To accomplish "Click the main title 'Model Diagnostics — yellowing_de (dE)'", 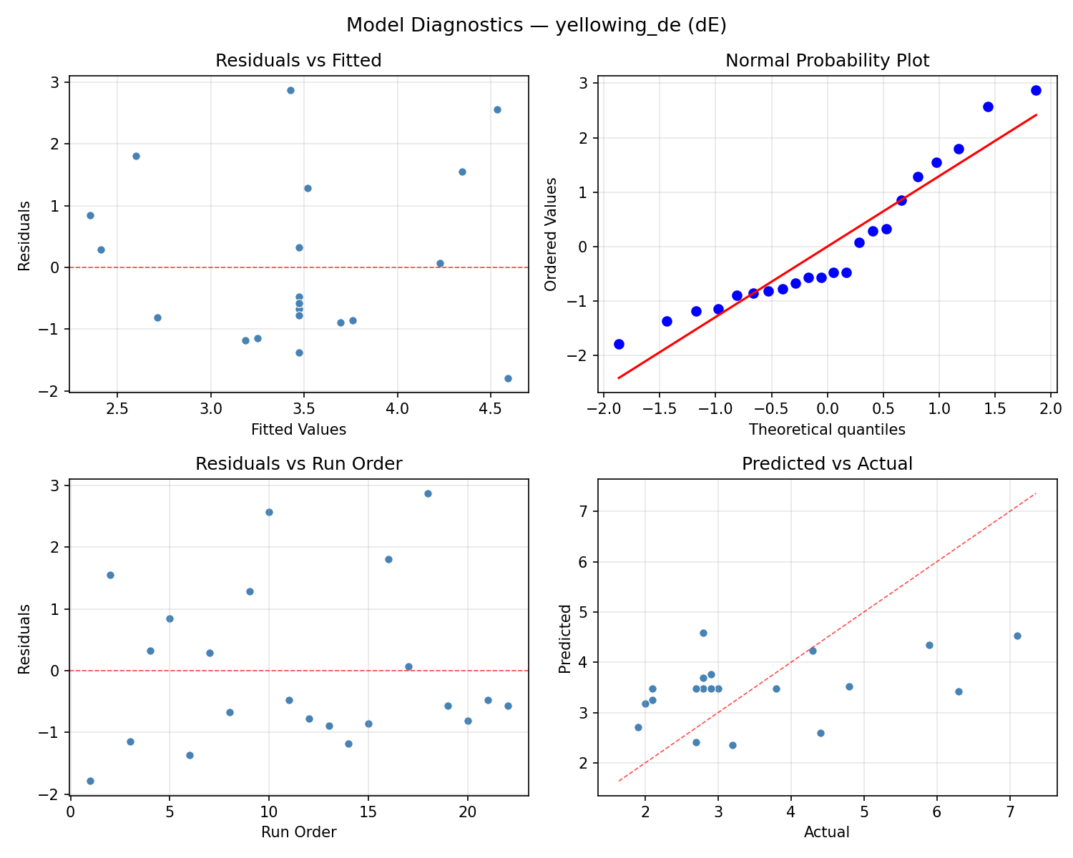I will tap(536, 26).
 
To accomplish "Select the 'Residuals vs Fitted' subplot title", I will tap(298, 61).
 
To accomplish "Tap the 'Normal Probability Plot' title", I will tap(827, 61).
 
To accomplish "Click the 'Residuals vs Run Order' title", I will tap(298, 464).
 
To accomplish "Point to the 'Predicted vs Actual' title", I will tap(827, 464).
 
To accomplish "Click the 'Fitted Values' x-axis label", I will tap(298, 430).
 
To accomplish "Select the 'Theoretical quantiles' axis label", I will tap(827, 430).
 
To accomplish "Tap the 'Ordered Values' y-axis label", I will tap(550, 234).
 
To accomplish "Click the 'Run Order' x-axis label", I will tap(298, 832).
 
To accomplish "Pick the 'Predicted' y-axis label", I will tap(565, 638).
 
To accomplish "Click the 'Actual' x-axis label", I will tap(827, 832).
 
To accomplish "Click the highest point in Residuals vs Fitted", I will tap(290, 90).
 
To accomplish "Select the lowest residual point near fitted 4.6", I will tap(508, 378).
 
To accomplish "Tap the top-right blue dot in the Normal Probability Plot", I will tap(1036, 90).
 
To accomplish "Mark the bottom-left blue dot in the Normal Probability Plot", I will tap(619, 344).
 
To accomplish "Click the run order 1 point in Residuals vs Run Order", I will tap(90, 781).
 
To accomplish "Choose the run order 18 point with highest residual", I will tap(428, 493).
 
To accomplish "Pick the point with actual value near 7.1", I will tap(1017, 636).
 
